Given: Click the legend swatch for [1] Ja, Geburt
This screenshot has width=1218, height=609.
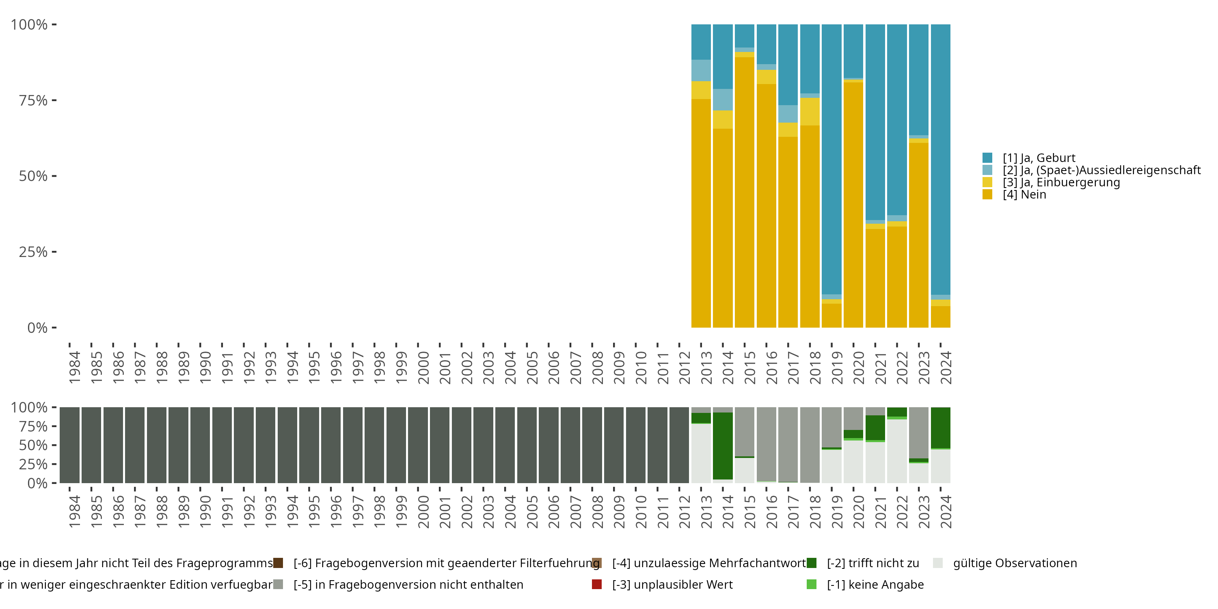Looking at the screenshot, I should (x=987, y=158).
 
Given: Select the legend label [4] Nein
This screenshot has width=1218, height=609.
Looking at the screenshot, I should (x=1024, y=195).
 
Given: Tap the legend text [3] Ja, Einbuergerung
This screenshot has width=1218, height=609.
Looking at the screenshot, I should (x=1061, y=183).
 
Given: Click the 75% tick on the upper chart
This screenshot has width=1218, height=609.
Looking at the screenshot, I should (x=33, y=100).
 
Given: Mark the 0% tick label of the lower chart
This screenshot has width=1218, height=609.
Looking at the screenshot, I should (x=37, y=483).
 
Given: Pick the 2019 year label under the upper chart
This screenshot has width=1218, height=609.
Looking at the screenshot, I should (x=837, y=367).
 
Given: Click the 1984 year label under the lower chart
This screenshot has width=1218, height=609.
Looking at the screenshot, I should (x=74, y=512).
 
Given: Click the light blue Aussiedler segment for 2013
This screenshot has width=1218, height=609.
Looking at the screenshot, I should (x=701, y=71).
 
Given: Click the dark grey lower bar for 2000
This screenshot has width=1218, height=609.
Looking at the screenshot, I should (x=418, y=445).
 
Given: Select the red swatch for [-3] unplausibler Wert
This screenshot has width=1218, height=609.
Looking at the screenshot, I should (x=597, y=584).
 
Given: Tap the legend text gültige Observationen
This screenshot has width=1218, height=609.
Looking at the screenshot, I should (x=1015, y=563).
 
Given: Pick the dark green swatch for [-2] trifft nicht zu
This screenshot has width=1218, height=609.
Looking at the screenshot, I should (x=811, y=563).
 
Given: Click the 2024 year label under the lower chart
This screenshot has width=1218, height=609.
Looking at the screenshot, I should (x=946, y=512).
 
